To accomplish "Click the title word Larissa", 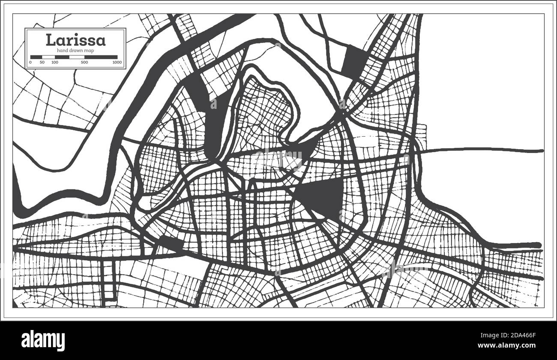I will point(75,40).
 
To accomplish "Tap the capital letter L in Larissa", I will point(50,40).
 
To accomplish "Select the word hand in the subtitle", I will point(62,51).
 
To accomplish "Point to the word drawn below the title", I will point(75,51).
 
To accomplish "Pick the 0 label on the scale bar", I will point(30,63).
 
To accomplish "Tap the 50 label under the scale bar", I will point(42,63).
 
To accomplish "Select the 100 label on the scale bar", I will point(55,63).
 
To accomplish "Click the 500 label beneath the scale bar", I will point(84,63).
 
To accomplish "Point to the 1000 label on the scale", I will point(117,63).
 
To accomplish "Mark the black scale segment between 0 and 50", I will point(36,57).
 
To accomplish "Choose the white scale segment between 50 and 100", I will point(48,57).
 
